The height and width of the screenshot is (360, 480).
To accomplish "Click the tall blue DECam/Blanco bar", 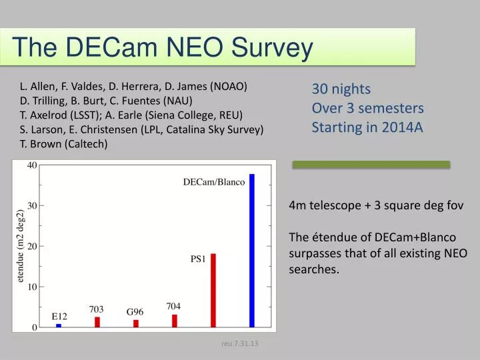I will [252, 251].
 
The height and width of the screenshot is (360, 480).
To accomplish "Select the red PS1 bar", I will [213, 291].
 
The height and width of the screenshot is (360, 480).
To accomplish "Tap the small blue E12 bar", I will [59, 325].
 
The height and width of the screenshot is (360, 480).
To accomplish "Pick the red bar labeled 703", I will [97, 322].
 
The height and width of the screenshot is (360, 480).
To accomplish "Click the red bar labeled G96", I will [136, 323].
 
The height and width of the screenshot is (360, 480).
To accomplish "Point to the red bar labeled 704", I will [175, 321].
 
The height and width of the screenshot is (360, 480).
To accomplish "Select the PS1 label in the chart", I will [198, 260].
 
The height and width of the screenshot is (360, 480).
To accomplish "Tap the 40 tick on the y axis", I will [32, 165].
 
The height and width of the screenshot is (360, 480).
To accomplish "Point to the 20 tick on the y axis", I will [32, 246].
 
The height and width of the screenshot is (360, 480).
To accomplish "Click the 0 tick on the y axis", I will [34, 328].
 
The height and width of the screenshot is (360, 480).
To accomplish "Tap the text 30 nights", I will [341, 89].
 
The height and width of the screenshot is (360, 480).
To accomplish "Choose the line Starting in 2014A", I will [367, 127].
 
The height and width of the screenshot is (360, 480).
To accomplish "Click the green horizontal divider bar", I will [371, 165].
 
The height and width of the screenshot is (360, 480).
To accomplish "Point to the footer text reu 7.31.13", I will [240, 343].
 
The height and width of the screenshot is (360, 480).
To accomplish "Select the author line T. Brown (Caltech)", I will [63, 143].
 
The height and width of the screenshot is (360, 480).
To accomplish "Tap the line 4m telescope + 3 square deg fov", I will [375, 206].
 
